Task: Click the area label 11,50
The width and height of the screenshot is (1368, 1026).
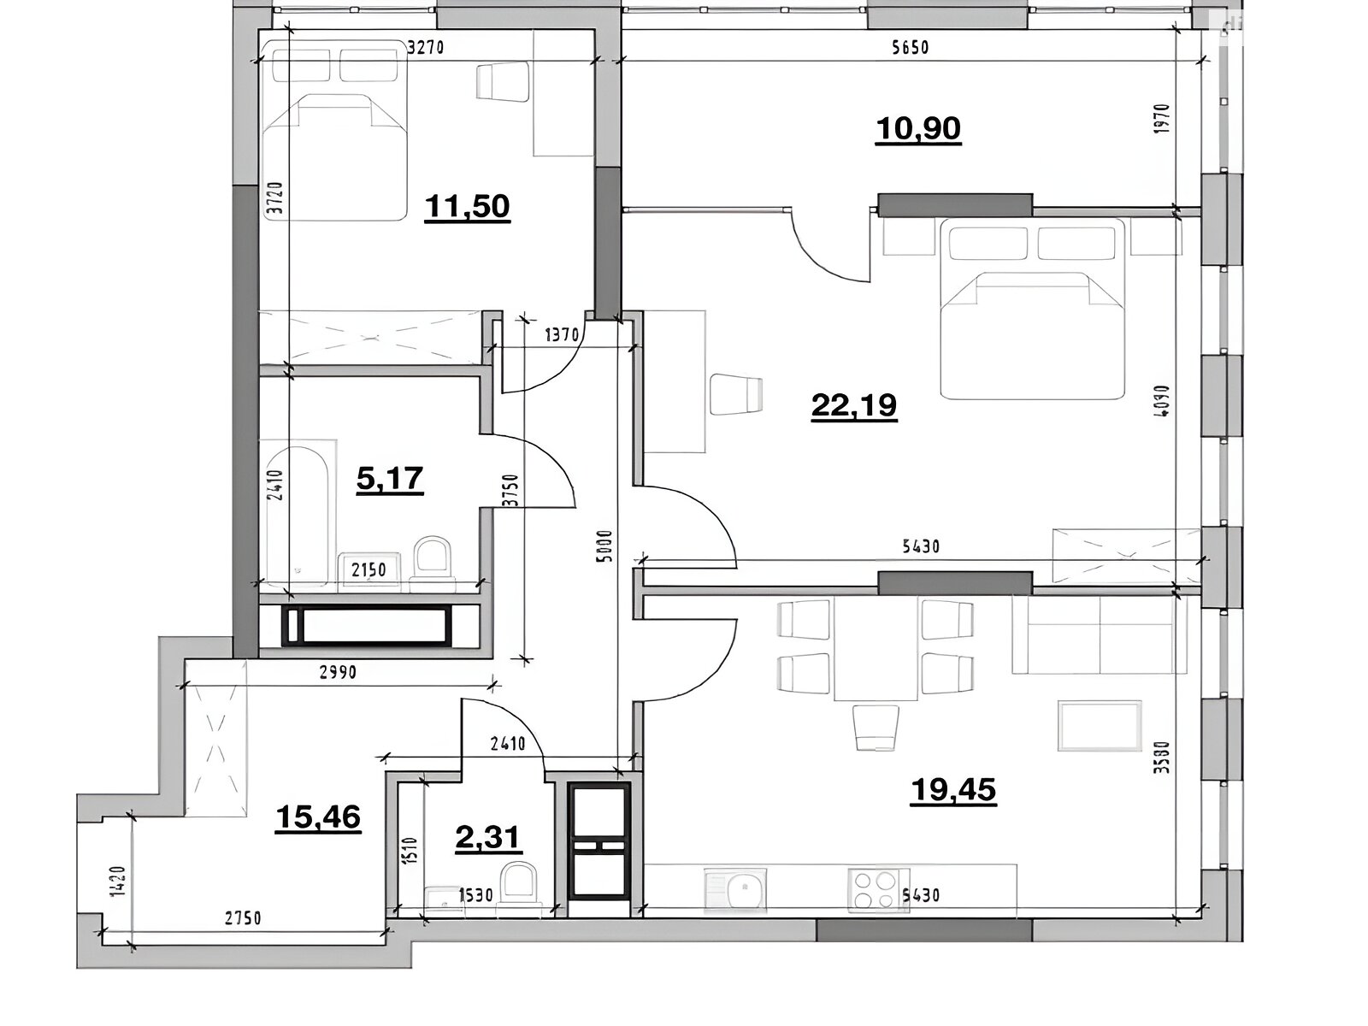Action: click(x=467, y=206)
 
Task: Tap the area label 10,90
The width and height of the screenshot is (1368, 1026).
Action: click(x=918, y=129)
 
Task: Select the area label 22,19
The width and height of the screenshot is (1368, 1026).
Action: click(x=854, y=405)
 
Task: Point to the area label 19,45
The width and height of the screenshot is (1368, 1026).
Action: click(x=953, y=791)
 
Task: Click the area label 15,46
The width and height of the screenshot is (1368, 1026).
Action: click(x=318, y=817)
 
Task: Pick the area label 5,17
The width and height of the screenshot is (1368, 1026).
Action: click(x=390, y=479)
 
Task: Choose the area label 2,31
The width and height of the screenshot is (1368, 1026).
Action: click(x=487, y=838)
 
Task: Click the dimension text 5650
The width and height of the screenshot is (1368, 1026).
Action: click(x=910, y=47)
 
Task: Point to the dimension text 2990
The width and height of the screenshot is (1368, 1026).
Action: click(x=338, y=672)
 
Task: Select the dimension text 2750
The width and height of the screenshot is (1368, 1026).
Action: click(x=243, y=918)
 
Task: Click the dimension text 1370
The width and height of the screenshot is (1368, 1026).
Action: click(x=562, y=336)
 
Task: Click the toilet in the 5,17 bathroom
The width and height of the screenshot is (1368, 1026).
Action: click(x=432, y=563)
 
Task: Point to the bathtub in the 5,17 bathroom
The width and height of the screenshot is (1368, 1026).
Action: click(x=298, y=515)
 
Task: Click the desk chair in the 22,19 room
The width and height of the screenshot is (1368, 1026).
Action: click(x=736, y=394)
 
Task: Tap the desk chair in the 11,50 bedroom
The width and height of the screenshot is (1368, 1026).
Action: click(x=503, y=81)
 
